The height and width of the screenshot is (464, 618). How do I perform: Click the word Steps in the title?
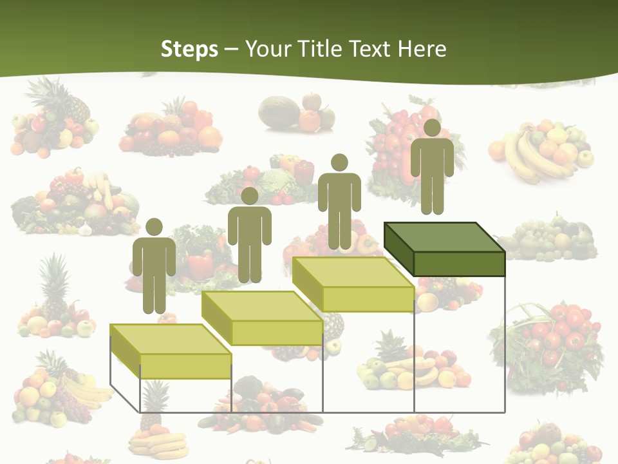tap(189, 49)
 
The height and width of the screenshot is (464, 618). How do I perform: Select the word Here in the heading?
tap(422, 49)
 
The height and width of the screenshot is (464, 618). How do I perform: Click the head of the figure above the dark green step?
tap(432, 128)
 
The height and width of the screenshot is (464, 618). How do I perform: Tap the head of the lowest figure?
tap(154, 227)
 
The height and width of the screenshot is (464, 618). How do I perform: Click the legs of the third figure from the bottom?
tap(339, 232)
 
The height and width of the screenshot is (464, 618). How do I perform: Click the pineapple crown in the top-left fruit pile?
tap(48, 90)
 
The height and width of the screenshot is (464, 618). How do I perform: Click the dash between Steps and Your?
tap(232, 49)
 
